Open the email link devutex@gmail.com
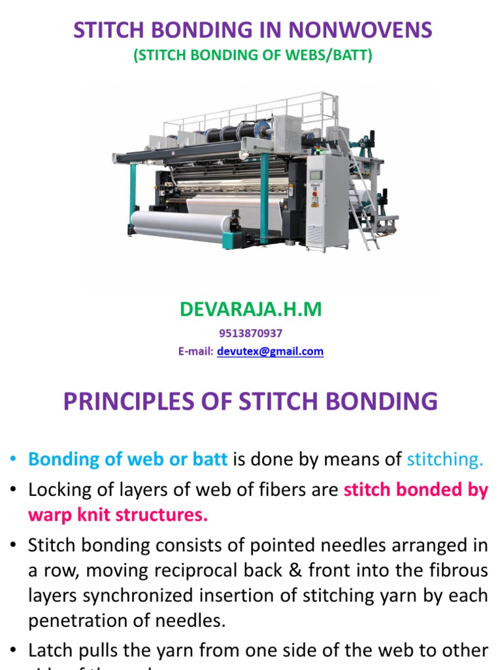[x=270, y=351]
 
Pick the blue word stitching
[x=445, y=459]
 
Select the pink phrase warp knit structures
[x=118, y=515]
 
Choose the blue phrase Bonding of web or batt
[x=128, y=459]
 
